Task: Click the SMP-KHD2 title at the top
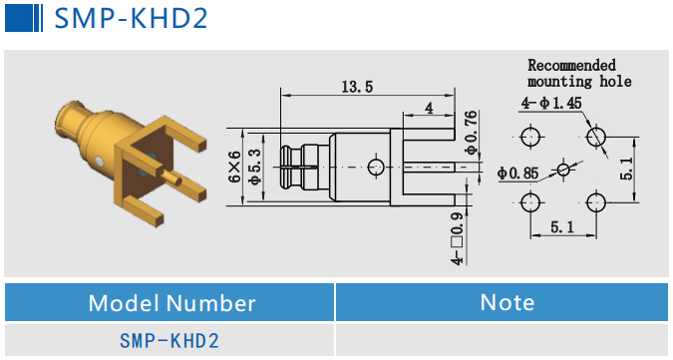(x=130, y=19)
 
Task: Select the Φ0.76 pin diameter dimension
(x=471, y=128)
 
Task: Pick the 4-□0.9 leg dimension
(x=458, y=238)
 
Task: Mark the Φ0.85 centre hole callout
(x=517, y=174)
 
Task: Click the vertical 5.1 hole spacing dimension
(x=625, y=169)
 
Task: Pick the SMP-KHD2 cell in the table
(x=168, y=341)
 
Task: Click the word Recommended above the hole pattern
(x=571, y=65)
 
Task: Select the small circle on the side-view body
(x=375, y=167)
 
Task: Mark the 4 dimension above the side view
(x=429, y=107)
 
